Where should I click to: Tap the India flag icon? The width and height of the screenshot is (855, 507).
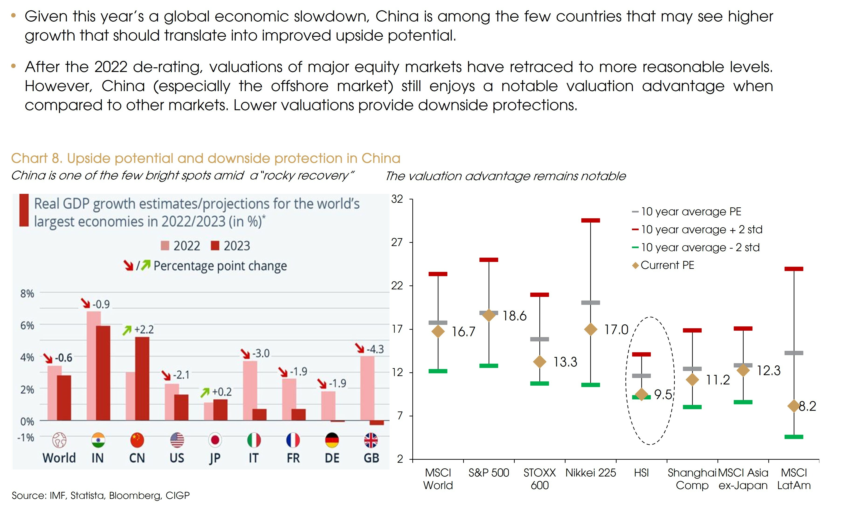coord(98,440)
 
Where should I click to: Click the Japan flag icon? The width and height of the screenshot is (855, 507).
coord(215,440)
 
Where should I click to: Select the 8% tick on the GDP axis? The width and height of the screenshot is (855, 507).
coord(27,294)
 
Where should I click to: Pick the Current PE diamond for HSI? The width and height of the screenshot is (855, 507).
coord(641,394)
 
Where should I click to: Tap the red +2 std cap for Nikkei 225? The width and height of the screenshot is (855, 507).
coord(590,220)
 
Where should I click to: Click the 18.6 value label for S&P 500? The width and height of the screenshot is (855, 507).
coord(514,316)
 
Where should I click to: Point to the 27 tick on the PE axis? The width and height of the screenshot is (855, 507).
coord(397,242)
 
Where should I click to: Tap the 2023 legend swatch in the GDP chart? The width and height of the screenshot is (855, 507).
coord(215,246)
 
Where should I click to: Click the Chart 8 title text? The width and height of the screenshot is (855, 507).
coord(205,158)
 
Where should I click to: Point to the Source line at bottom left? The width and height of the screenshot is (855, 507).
coord(100,495)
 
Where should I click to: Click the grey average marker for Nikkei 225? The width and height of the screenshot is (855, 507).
coord(590,302)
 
